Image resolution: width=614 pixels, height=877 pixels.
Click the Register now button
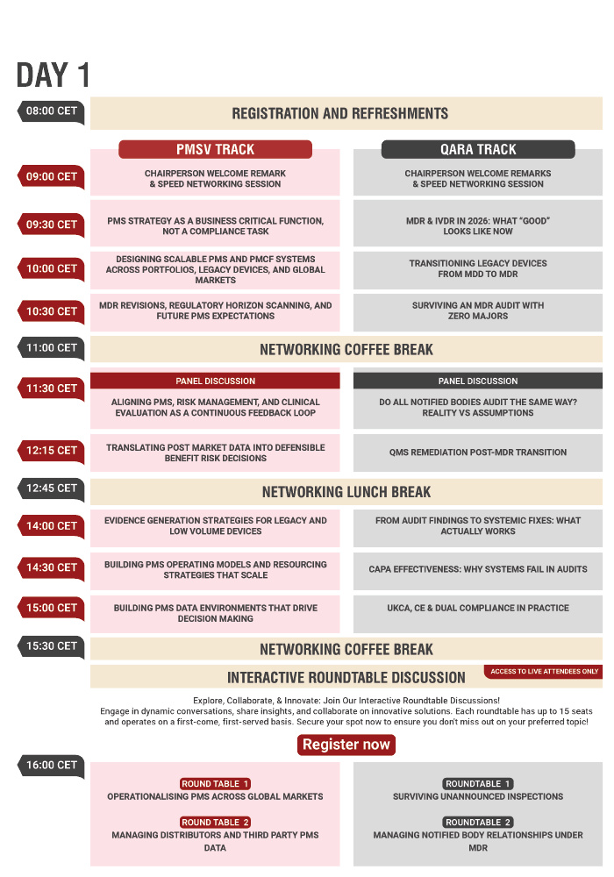pyautogui.click(x=346, y=745)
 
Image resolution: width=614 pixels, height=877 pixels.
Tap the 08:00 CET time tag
pyautogui.click(x=51, y=112)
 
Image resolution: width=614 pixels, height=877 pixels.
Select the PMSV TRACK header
pyautogui.click(x=215, y=149)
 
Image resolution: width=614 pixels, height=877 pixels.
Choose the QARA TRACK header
pyautogui.click(x=478, y=149)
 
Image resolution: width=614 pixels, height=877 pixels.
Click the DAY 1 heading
pyautogui.click(x=53, y=76)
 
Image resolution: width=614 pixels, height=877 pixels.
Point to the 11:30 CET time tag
pyautogui.click(x=51, y=389)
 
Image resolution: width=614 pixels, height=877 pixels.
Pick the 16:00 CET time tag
pyautogui.click(x=51, y=766)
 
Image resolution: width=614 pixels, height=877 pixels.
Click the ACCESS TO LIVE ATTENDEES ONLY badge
pyautogui.click(x=544, y=672)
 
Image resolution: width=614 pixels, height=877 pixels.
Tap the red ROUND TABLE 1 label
pyautogui.click(x=216, y=784)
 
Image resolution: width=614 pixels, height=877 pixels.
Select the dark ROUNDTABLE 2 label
pyautogui.click(x=478, y=823)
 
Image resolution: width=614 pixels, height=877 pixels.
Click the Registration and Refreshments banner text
pyautogui.click(x=339, y=113)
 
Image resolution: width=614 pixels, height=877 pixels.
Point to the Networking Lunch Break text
pyautogui.click(x=346, y=492)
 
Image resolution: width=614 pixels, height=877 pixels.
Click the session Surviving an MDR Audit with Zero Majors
pyautogui.click(x=478, y=310)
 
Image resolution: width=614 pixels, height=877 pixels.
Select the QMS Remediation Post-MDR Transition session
pyautogui.click(x=478, y=453)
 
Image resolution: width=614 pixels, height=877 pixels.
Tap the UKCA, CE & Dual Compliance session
pyautogui.click(x=478, y=608)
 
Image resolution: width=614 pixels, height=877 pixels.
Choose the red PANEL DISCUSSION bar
pyautogui.click(x=215, y=381)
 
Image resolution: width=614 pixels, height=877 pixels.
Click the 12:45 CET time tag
pyautogui.click(x=51, y=488)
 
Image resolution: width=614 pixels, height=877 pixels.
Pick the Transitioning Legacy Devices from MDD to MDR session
pyautogui.click(x=478, y=268)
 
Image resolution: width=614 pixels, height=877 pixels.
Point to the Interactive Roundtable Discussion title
pyautogui.click(x=346, y=677)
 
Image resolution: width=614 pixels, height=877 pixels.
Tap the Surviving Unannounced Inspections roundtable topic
pyautogui.click(x=478, y=797)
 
